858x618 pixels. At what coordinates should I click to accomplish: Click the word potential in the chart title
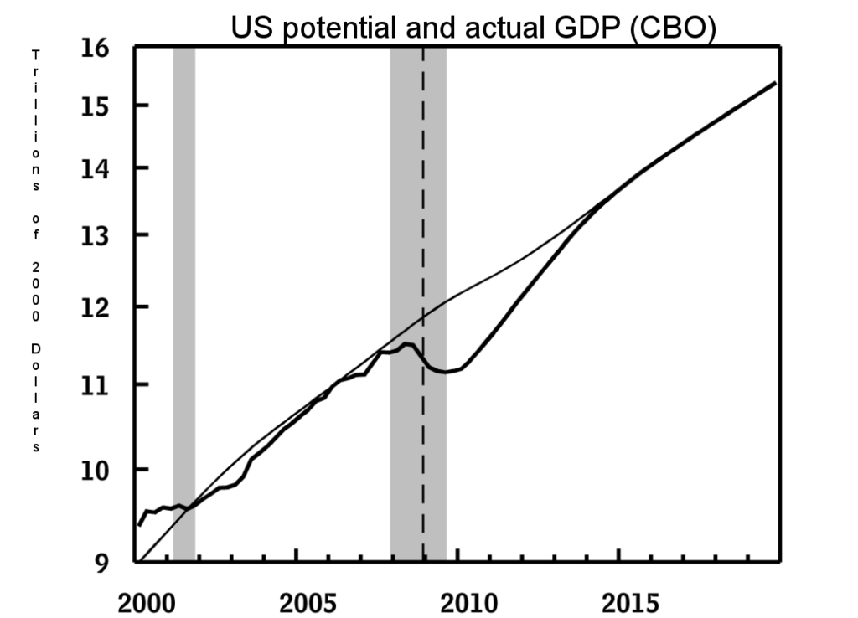322,28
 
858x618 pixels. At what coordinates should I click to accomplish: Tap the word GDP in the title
569,28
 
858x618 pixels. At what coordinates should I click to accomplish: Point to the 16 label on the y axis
97,47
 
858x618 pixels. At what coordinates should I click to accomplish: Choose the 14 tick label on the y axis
97,168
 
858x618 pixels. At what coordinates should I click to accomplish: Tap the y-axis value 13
97,235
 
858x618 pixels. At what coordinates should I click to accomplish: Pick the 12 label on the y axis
97,307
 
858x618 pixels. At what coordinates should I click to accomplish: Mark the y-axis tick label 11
97,385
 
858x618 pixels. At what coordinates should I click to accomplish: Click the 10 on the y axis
97,470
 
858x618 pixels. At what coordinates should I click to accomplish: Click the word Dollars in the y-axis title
36,394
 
